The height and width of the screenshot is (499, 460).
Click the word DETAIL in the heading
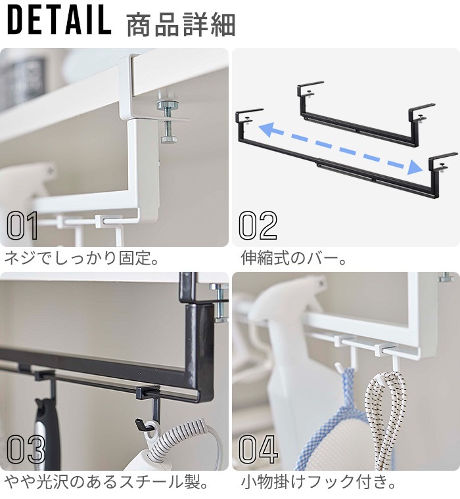tap(59, 20)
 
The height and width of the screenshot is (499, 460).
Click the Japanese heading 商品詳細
tap(181, 25)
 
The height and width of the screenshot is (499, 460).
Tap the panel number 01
tap(22, 225)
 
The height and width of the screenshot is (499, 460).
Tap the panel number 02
tap(258, 225)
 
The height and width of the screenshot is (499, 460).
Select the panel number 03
tap(26, 449)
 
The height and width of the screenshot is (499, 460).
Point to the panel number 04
tap(258, 449)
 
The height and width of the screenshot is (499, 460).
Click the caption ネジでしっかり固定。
tap(81, 258)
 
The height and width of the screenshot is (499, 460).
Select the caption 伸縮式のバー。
tap(293, 258)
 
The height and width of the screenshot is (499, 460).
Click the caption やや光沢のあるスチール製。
tap(106, 482)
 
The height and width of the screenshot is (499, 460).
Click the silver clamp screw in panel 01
tap(168, 122)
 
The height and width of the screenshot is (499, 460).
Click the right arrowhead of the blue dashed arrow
tap(415, 167)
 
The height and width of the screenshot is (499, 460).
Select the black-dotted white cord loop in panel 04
tap(386, 420)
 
